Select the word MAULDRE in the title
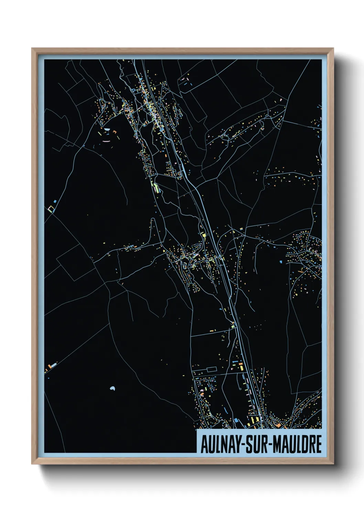[x=298, y=444]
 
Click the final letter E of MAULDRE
[x=319, y=444]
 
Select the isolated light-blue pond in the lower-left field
[x=112, y=389]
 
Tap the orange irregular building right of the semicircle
[x=115, y=131]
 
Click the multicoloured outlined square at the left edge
[x=51, y=208]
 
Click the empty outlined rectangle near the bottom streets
[x=211, y=370]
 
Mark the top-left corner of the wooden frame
[x=32, y=48]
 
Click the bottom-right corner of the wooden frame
[x=333, y=464]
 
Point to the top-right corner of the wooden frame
[x=333, y=48]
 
